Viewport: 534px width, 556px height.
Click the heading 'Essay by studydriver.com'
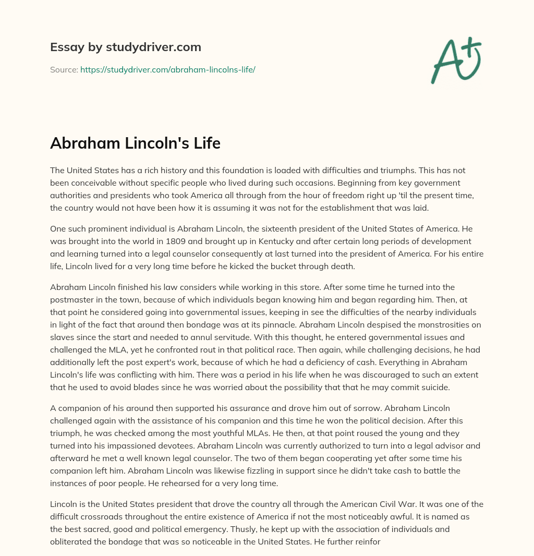pos(125,47)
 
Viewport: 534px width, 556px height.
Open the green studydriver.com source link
pos(167,69)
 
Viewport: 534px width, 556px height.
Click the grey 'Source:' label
pos(64,69)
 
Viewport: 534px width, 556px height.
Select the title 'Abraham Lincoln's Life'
pos(135,143)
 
